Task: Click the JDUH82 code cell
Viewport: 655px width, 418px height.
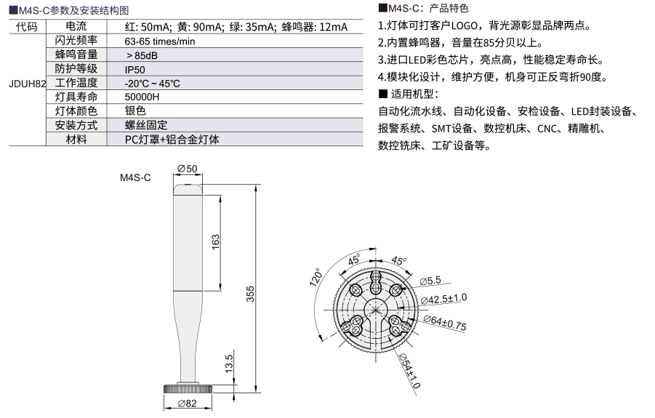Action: click(27, 84)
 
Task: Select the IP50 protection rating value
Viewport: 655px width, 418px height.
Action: click(134, 70)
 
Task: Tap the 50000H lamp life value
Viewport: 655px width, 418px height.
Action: click(142, 97)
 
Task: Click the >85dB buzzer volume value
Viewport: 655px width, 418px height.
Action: click(142, 55)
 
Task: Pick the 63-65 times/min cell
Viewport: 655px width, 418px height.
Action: click(160, 41)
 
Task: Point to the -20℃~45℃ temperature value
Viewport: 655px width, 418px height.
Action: click(152, 84)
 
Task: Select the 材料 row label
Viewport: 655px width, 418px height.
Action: click(76, 140)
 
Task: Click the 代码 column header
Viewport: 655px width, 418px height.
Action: click(27, 27)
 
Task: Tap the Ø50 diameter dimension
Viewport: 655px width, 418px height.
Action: click(187, 169)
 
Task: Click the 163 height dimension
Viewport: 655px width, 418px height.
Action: click(216, 242)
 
